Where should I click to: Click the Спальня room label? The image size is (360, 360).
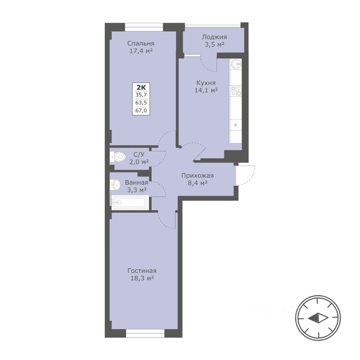(x=141, y=43)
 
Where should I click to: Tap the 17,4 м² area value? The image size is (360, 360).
(x=141, y=51)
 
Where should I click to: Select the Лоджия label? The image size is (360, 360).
(x=214, y=37)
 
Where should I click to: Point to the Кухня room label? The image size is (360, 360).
(x=206, y=82)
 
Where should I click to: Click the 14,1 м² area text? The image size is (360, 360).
(x=206, y=90)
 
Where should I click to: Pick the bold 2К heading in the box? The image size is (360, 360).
(x=141, y=87)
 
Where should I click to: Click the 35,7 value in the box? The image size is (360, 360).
(x=141, y=94)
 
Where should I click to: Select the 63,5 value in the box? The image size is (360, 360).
(x=141, y=103)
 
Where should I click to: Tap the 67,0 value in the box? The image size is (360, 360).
(x=141, y=111)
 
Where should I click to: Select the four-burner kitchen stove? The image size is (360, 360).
(x=236, y=91)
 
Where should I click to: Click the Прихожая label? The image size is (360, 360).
(x=198, y=175)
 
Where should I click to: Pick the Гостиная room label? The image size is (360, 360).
(x=142, y=271)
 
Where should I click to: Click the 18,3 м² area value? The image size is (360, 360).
(x=142, y=278)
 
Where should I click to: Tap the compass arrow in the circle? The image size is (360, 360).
(x=318, y=318)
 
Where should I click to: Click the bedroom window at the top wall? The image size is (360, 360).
(x=144, y=27)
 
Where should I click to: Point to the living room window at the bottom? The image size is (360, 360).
(x=145, y=333)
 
